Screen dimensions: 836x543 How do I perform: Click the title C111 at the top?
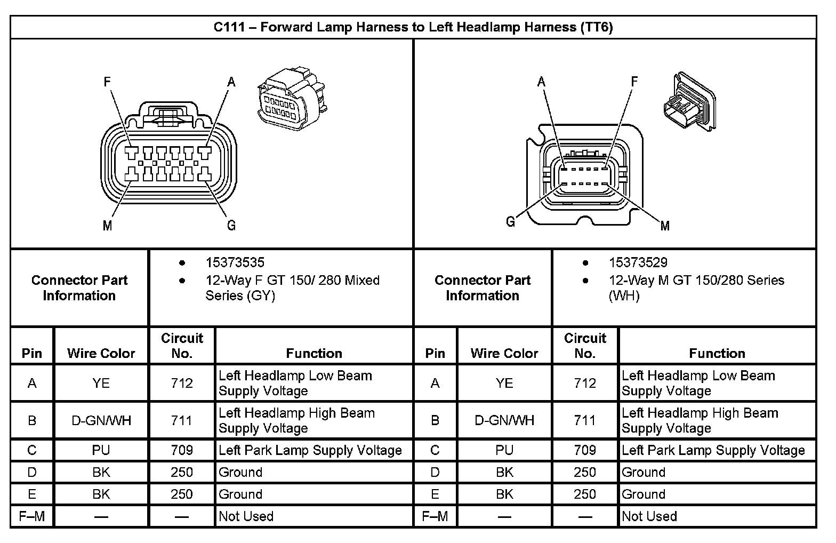coord(413,27)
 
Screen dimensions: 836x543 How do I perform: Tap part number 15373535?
coord(235,262)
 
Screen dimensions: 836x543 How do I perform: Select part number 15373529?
coord(638,262)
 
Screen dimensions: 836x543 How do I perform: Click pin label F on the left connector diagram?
coord(107,82)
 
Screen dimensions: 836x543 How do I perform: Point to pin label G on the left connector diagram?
coord(231,226)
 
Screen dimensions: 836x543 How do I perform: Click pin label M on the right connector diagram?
coord(665,226)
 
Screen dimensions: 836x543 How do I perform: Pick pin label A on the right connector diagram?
coord(542,82)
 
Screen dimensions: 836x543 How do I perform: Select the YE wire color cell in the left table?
coord(101,383)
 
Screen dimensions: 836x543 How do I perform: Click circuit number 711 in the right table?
coord(585,420)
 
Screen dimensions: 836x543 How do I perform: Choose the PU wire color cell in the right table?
coord(504,450)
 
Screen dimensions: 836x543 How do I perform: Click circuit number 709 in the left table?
coord(182,450)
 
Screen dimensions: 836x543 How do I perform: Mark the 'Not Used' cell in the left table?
coord(246,516)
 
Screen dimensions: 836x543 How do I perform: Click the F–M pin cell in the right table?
coord(435,516)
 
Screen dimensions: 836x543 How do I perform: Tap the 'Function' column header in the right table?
coord(717,353)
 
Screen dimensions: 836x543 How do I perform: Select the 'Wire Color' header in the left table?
coord(101,353)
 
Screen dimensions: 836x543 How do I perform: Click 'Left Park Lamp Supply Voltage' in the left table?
coord(310,450)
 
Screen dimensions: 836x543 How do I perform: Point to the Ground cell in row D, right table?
coord(644,472)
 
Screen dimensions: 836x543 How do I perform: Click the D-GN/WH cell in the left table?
coord(101,420)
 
